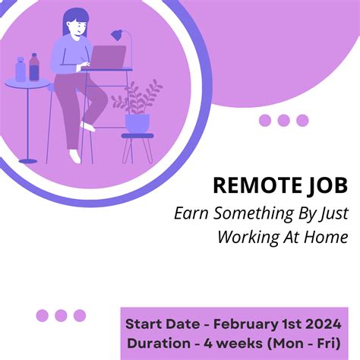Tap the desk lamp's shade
click(x=117, y=35)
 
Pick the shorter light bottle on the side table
click(x=20, y=70)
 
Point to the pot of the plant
click(x=137, y=122)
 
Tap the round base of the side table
click(x=28, y=160)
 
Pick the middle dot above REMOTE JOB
click(x=284, y=120)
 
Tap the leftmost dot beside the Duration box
click(x=43, y=315)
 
